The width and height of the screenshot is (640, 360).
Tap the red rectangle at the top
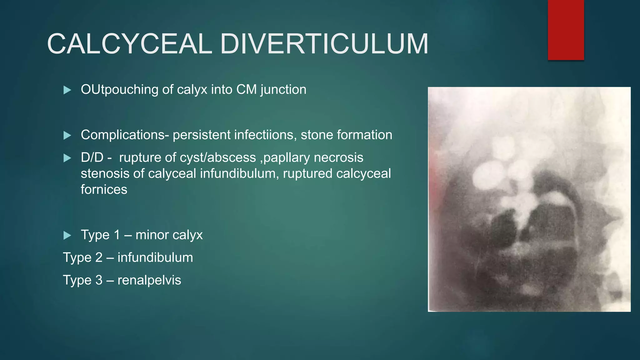coord(566,30)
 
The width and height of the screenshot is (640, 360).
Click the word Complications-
coord(125,135)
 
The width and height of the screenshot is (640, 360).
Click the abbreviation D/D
coord(92,157)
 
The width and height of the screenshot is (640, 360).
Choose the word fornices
coord(104,189)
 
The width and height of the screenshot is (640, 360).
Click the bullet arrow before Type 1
coord(67,235)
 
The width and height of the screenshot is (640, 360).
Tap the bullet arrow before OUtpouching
coord(67,90)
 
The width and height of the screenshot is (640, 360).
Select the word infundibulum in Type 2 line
coord(155,257)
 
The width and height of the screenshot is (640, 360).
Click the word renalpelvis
coord(149,280)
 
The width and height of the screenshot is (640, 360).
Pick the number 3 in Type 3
coord(99,280)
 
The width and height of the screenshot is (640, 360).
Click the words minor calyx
coord(169,235)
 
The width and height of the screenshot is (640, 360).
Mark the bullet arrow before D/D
coord(67,158)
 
